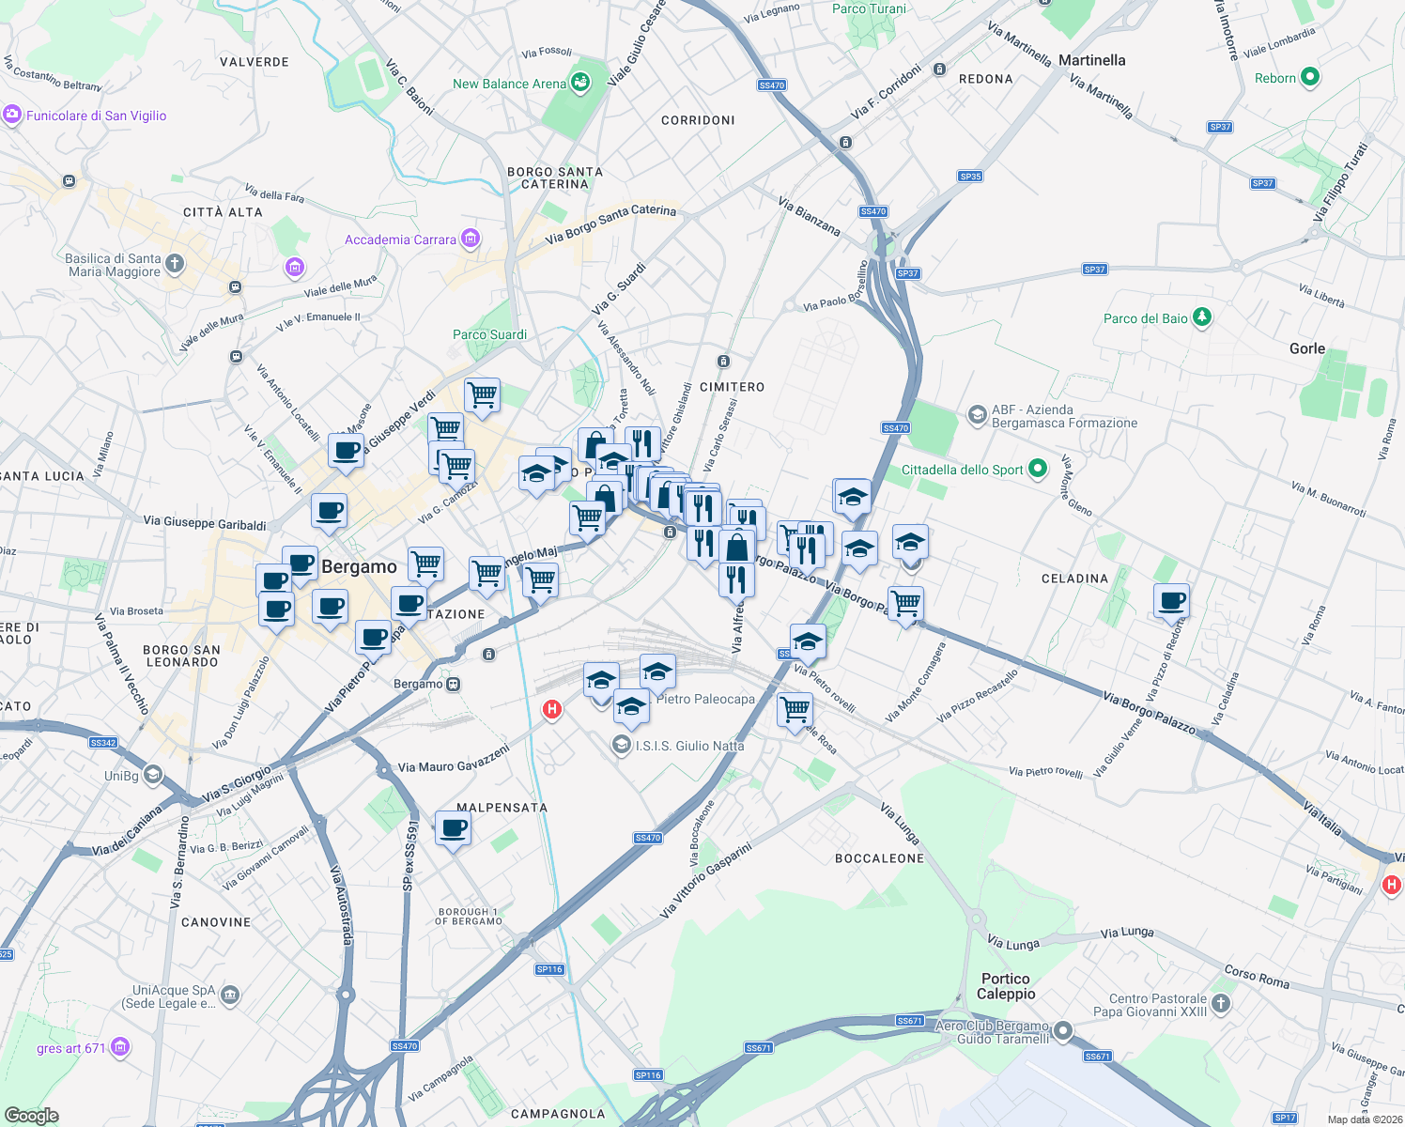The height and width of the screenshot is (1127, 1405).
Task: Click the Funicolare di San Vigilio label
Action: [x=96, y=116]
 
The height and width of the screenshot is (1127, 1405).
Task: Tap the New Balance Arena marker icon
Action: [x=580, y=84]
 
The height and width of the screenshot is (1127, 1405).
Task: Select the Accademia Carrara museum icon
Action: [x=471, y=239]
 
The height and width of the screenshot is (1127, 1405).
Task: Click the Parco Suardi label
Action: [x=489, y=334]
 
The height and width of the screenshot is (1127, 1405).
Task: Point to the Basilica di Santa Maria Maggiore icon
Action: [x=175, y=264]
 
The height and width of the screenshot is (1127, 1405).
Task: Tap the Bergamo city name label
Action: [x=359, y=566]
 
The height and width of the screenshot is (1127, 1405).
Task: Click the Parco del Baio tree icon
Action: [x=1202, y=318]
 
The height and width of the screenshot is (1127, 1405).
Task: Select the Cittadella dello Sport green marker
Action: [x=1038, y=469]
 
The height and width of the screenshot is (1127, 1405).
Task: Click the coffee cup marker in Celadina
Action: [x=1171, y=600]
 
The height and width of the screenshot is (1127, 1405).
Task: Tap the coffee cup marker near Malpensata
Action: [x=453, y=829]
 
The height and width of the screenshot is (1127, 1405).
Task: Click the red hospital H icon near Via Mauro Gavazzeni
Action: [x=552, y=709]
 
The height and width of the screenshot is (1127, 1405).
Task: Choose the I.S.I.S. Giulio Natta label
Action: [x=689, y=746]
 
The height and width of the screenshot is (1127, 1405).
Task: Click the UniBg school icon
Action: [x=153, y=775]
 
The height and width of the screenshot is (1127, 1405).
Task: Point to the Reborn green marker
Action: [x=1310, y=78]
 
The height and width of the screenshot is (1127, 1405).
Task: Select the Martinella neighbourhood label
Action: [x=1091, y=60]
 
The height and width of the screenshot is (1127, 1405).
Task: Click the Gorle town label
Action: [x=1306, y=348]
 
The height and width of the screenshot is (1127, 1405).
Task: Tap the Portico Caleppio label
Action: [x=1006, y=986]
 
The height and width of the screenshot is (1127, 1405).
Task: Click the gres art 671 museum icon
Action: [x=120, y=1046]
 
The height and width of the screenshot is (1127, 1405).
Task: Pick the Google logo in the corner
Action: [x=31, y=1115]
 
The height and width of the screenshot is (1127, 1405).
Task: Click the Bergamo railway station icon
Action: [x=454, y=684]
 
